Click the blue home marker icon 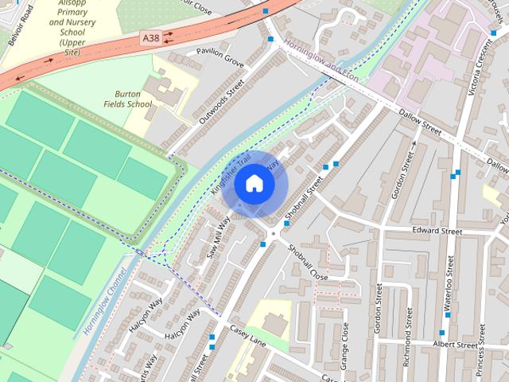tap(254, 184)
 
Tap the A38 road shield tap(150, 37)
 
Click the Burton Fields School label tap(127, 99)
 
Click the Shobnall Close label tap(308, 262)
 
